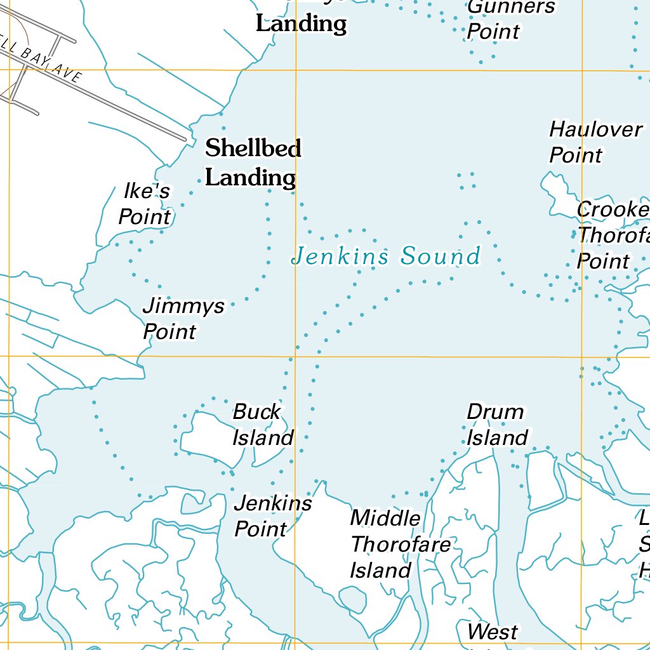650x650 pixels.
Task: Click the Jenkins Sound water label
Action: (x=385, y=256)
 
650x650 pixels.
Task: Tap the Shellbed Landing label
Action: (x=253, y=163)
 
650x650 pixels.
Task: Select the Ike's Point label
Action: (x=145, y=204)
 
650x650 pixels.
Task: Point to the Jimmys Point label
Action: (x=183, y=319)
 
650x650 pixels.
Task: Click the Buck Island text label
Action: (x=262, y=425)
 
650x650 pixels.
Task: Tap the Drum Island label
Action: (x=496, y=425)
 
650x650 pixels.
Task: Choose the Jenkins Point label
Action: (x=272, y=516)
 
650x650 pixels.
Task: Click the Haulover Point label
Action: (x=595, y=142)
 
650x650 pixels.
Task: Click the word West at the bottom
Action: (x=493, y=632)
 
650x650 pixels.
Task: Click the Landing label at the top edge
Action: (x=301, y=24)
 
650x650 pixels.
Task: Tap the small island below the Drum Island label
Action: (x=545, y=479)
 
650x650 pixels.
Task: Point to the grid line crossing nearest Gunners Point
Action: (x=582, y=70)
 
